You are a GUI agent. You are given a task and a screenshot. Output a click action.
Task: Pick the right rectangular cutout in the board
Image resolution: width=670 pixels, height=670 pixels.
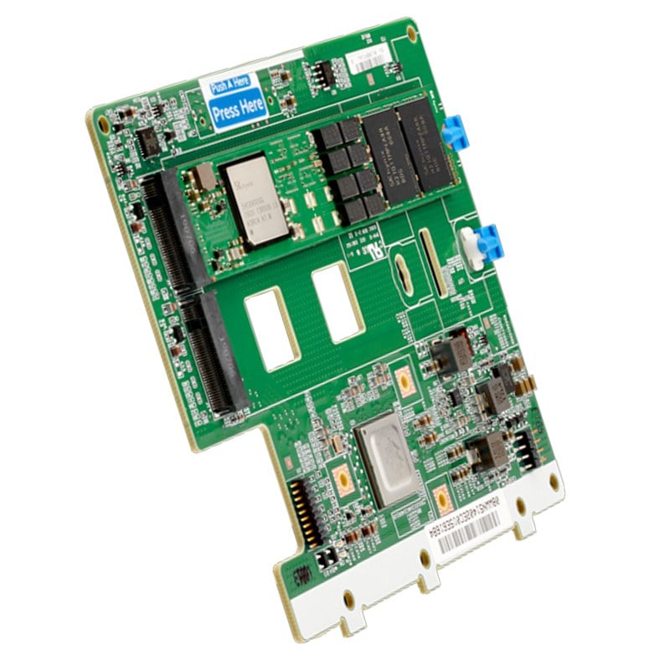[x=337, y=302]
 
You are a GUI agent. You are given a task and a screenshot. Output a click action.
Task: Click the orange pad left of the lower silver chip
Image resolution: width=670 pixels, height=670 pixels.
[x=342, y=479]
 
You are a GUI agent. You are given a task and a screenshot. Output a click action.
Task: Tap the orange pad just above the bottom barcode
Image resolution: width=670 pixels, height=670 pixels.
[x=442, y=500]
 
